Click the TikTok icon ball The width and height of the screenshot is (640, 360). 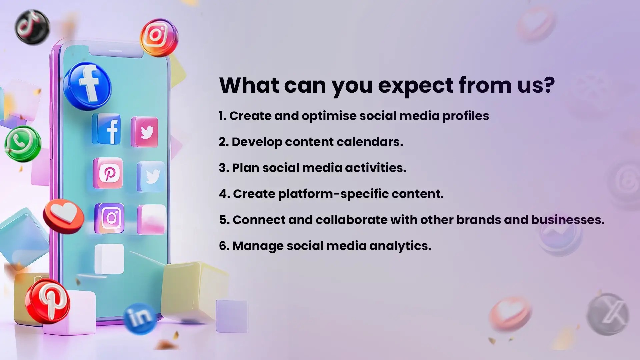pos(32,27)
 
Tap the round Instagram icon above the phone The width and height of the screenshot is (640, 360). pos(159,37)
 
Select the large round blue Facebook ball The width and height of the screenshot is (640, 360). pos(87,86)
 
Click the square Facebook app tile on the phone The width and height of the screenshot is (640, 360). pos(107,129)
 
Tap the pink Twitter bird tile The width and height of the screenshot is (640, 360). pos(145,132)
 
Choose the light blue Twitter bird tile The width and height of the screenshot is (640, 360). pos(151,176)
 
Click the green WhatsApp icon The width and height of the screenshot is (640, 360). pos(23,144)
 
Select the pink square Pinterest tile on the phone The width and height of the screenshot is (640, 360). pos(108,173)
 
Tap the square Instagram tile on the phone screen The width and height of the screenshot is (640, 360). pos(109,218)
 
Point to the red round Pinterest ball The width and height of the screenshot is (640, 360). pos(47,301)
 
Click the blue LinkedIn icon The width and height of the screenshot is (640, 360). pos(140,318)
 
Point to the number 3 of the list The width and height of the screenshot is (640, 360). pos(222,168)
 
